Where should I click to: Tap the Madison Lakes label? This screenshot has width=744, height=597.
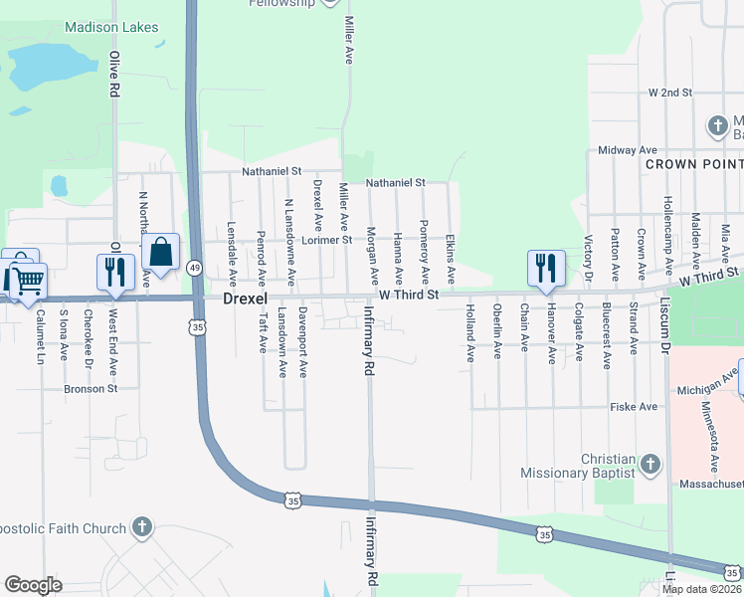[x=111, y=28]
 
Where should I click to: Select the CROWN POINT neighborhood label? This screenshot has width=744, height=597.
[x=693, y=162]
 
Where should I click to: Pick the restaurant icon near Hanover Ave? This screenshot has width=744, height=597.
[x=546, y=268]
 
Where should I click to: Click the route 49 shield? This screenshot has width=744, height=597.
[x=195, y=268]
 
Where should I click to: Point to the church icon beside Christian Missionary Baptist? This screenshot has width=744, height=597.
[x=650, y=465]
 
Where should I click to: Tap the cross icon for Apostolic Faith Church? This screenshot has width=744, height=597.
[x=142, y=528]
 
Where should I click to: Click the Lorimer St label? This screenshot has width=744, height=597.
[x=333, y=240]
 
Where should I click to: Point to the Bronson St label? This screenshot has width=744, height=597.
[x=92, y=388]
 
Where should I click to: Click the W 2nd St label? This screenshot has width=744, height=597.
[x=669, y=93]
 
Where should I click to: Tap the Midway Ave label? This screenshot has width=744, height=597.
[x=622, y=150]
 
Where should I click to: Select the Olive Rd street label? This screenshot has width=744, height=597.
[x=114, y=75]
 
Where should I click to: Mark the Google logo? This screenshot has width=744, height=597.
[x=33, y=585]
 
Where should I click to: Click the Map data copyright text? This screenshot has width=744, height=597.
[x=702, y=589]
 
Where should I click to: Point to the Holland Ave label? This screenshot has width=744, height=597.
[x=469, y=333]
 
